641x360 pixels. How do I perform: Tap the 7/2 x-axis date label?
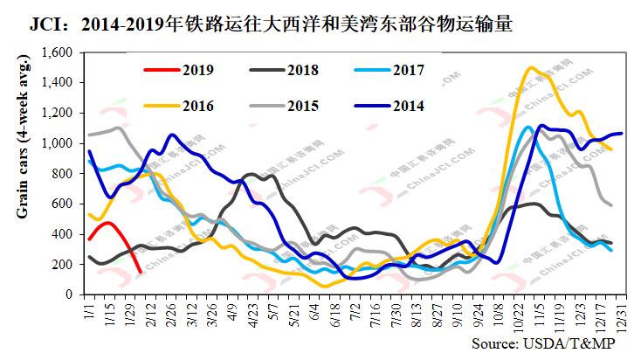pos(354,311)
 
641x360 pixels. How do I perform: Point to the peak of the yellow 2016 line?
pos(532,67)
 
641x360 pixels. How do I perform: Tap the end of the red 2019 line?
pos(141,273)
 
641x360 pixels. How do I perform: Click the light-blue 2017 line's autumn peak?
pos(527,128)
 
